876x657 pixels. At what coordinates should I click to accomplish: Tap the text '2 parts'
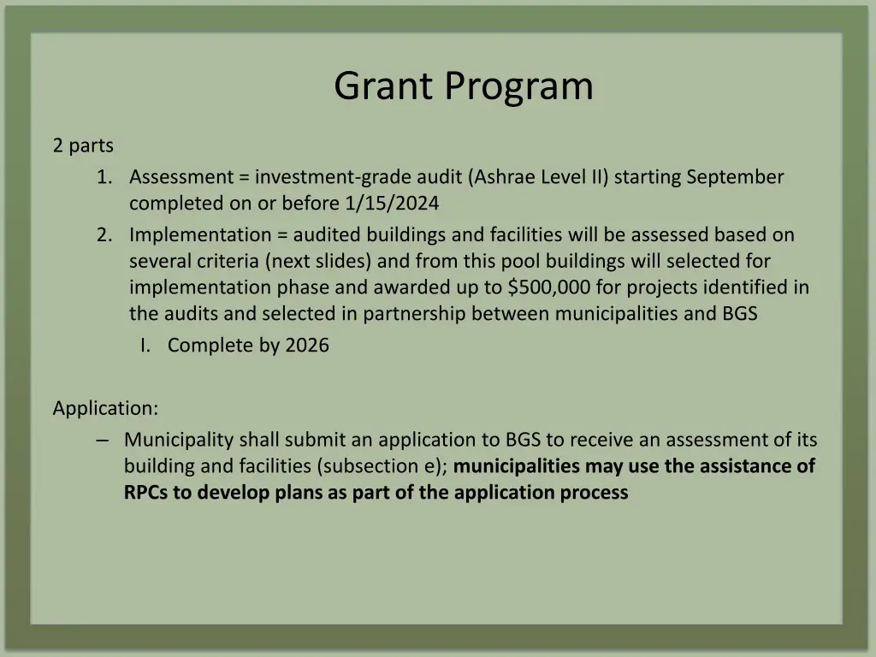tap(83, 146)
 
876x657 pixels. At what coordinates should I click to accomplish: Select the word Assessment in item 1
tap(181, 177)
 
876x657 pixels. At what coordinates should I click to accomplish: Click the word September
tap(735, 177)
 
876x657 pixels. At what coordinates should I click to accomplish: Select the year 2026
tap(307, 346)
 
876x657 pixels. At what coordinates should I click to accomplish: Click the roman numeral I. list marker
tap(146, 346)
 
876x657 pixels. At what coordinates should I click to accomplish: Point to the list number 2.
tap(104, 234)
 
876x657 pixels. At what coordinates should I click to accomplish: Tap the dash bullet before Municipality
tap(103, 440)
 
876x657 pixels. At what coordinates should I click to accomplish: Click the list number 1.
tap(104, 177)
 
